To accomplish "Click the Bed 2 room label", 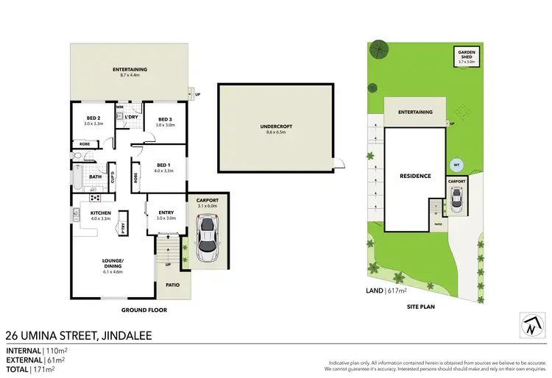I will coord(93,121).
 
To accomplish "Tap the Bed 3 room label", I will coord(164,121).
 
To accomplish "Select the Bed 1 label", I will coord(164,167).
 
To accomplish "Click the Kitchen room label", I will coord(100,215).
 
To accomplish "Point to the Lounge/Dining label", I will coord(113,264).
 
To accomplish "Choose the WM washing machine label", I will coord(119,107).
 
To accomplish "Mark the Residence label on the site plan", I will coord(415,176).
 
